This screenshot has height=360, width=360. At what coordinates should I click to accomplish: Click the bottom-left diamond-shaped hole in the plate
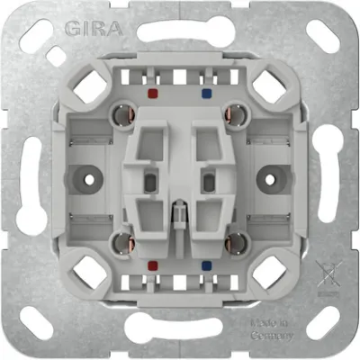(89, 269)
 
